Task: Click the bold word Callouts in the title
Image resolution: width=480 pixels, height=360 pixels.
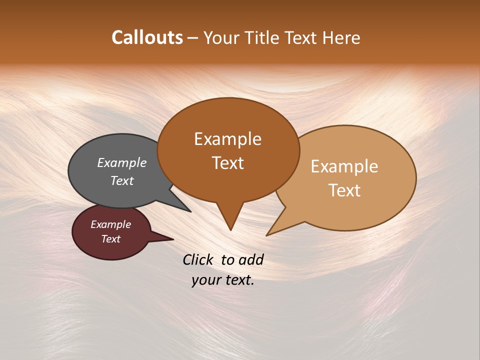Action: (x=147, y=37)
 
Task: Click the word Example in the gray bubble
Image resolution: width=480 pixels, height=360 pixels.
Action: (x=122, y=162)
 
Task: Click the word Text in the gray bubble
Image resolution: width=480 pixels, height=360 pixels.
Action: (x=122, y=180)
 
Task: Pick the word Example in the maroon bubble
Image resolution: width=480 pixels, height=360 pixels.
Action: (x=110, y=224)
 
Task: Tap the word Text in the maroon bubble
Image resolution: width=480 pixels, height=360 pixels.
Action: (x=110, y=239)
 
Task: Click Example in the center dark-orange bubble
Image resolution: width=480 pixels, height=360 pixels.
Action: (x=227, y=139)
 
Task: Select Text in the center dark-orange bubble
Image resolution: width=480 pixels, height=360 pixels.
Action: (x=228, y=163)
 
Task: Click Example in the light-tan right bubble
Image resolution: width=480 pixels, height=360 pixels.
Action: (x=344, y=166)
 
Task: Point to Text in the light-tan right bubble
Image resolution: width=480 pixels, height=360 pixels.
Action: (x=345, y=190)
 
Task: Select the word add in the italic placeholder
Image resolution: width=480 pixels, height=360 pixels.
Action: (x=251, y=259)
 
